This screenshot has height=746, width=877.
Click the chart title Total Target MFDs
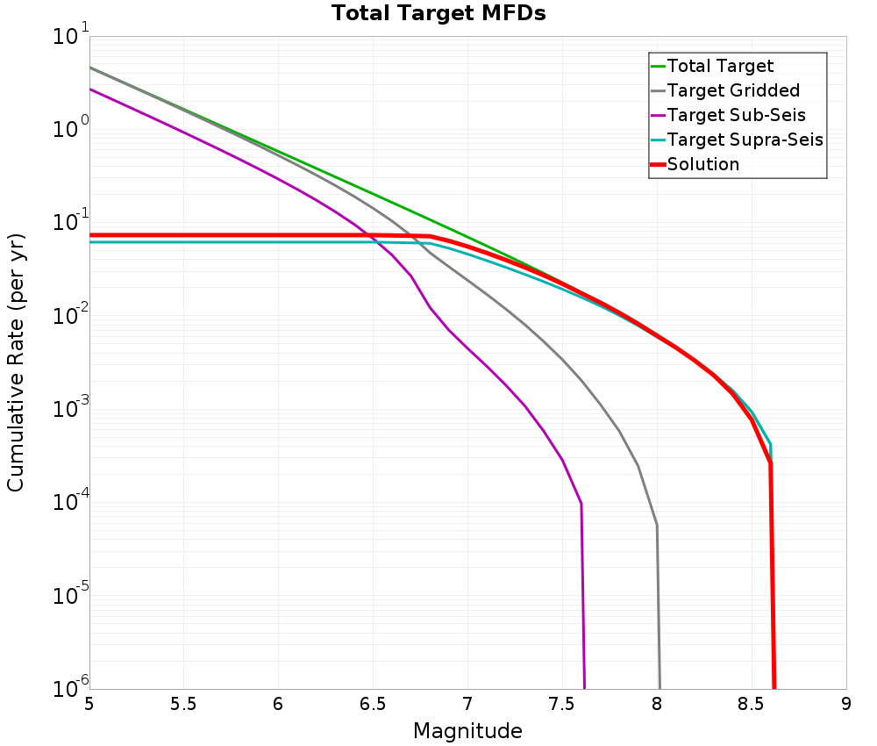438,14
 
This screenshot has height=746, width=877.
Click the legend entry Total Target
720,66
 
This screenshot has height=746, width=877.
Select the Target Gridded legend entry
733,90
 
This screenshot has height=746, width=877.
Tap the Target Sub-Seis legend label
736,115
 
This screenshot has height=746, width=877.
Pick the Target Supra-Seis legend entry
745,140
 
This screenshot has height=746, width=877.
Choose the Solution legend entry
702,164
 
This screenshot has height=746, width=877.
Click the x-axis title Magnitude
467,731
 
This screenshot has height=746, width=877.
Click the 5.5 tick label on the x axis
183,704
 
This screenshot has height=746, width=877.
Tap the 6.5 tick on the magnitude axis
373,704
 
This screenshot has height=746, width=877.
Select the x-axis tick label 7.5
562,704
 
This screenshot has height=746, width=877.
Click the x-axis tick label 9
846,704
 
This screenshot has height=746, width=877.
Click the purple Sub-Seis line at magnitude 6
279,182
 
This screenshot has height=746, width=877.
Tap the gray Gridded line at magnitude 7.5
562,359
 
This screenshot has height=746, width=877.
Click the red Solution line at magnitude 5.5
184,235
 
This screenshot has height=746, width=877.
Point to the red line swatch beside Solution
658,164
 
